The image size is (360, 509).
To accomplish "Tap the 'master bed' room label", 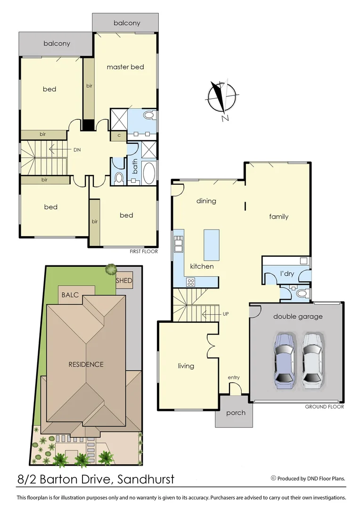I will tap(125, 67).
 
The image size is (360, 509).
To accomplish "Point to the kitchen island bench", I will tap(212, 245).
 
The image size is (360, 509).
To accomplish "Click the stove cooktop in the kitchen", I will tap(191, 282).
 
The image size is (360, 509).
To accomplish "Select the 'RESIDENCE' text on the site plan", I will tap(86, 364).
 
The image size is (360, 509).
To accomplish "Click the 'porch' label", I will tap(236, 413).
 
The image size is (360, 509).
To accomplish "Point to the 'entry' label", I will tap(234, 377).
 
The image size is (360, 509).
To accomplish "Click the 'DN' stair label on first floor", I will tap(77, 149).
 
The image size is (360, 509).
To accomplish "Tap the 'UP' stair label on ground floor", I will tap(225, 313).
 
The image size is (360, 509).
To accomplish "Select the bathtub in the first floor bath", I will tap(148, 173).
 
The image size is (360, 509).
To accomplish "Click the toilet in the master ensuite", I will tap(149, 115).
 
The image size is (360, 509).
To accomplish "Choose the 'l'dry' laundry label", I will tap(287, 273).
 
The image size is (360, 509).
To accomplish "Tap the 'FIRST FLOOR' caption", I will tap(144, 252).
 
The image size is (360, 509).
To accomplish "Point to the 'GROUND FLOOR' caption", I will tap(324, 407).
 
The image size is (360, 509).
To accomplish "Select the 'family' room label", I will tap(278, 216).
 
